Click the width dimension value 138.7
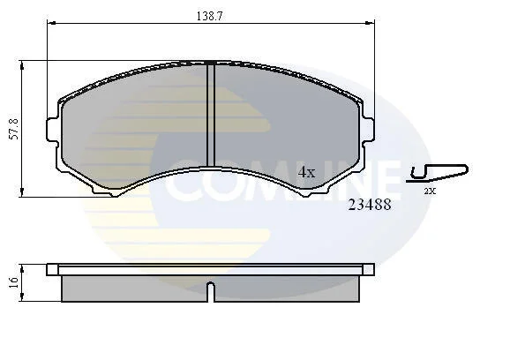(209, 16)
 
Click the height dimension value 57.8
(15, 129)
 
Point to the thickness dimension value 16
(13, 282)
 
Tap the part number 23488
(370, 205)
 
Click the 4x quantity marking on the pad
(307, 172)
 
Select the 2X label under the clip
(430, 191)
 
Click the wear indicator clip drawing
(438, 173)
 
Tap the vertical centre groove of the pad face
(211, 115)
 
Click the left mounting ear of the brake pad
(53, 130)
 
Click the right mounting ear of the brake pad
(368, 129)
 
